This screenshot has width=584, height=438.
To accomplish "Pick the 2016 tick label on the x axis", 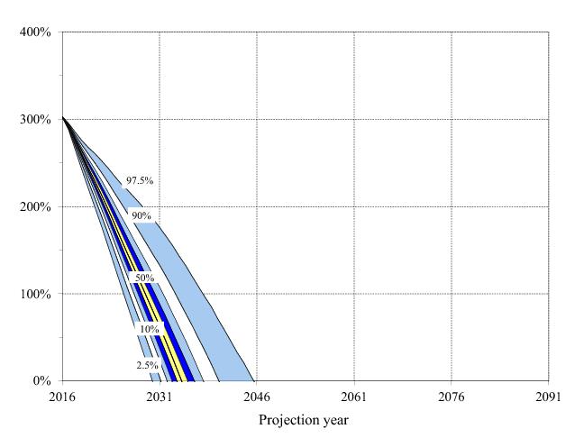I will coord(62,397).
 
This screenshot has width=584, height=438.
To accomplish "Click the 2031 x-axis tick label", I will coord(160,397).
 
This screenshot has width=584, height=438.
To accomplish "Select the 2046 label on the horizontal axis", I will coord(257,397).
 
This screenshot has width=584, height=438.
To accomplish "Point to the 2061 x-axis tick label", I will coord(353,397).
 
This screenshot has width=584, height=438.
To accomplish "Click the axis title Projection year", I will coord(304,420).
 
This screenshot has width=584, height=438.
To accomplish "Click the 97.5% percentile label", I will coord(140,181).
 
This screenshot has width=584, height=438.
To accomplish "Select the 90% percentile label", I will coord(141,215).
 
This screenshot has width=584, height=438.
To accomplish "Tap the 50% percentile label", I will coord(144,278).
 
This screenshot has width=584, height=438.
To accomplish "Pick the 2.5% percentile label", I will coord(148,365).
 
